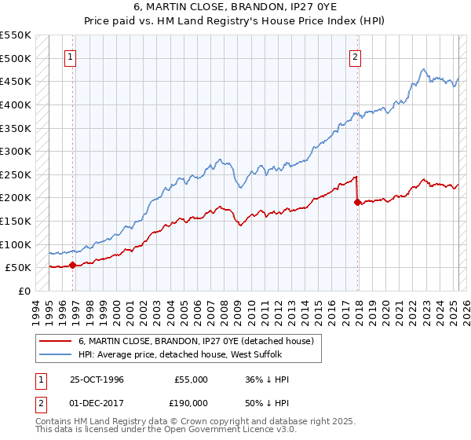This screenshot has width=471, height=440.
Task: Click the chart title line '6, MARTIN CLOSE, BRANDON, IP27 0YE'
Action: click(235, 7)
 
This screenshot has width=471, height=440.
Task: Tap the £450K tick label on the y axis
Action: click(16, 81)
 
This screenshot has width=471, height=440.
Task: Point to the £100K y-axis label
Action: click(16, 244)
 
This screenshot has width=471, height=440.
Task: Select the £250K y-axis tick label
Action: click(16, 174)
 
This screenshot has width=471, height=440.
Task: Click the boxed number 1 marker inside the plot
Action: click(71, 57)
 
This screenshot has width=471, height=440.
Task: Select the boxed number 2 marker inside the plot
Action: click(355, 57)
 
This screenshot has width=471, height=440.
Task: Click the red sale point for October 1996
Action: click(73, 265)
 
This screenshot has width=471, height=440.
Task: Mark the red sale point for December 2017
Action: click(357, 202)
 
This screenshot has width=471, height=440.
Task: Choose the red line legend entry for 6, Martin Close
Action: click(195, 341)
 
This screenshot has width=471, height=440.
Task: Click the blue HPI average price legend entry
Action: click(184, 355)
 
